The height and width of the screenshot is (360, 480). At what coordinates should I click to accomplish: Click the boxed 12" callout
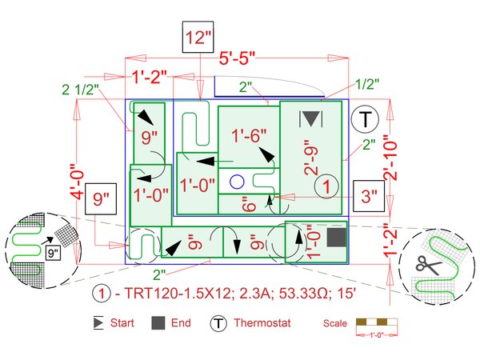[198, 37]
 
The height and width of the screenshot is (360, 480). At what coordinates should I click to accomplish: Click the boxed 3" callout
[369, 196]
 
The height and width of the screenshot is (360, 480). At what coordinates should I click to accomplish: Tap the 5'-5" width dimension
[238, 58]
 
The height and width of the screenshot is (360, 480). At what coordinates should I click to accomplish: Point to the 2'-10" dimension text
[390, 158]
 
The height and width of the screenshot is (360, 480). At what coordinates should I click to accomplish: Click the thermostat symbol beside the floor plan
[365, 119]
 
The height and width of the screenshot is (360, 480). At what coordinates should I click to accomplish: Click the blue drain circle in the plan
[237, 182]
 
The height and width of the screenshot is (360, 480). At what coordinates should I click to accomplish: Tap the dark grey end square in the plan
[337, 238]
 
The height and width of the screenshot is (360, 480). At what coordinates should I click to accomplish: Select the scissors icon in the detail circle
[428, 265]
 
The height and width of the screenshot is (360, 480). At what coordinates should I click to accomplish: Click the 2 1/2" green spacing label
[81, 90]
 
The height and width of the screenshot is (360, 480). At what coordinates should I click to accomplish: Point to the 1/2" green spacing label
[367, 84]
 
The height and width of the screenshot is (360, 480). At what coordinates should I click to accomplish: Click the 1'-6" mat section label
[249, 135]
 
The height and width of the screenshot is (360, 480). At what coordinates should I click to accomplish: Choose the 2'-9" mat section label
[311, 158]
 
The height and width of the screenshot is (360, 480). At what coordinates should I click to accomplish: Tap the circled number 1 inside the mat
[326, 186]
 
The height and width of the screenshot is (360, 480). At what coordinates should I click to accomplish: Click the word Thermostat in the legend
[262, 323]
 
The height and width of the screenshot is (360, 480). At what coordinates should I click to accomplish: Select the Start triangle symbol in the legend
[98, 323]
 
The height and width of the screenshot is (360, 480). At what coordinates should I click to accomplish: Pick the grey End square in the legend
[158, 323]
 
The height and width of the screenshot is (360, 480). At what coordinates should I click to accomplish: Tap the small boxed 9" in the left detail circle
[54, 253]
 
